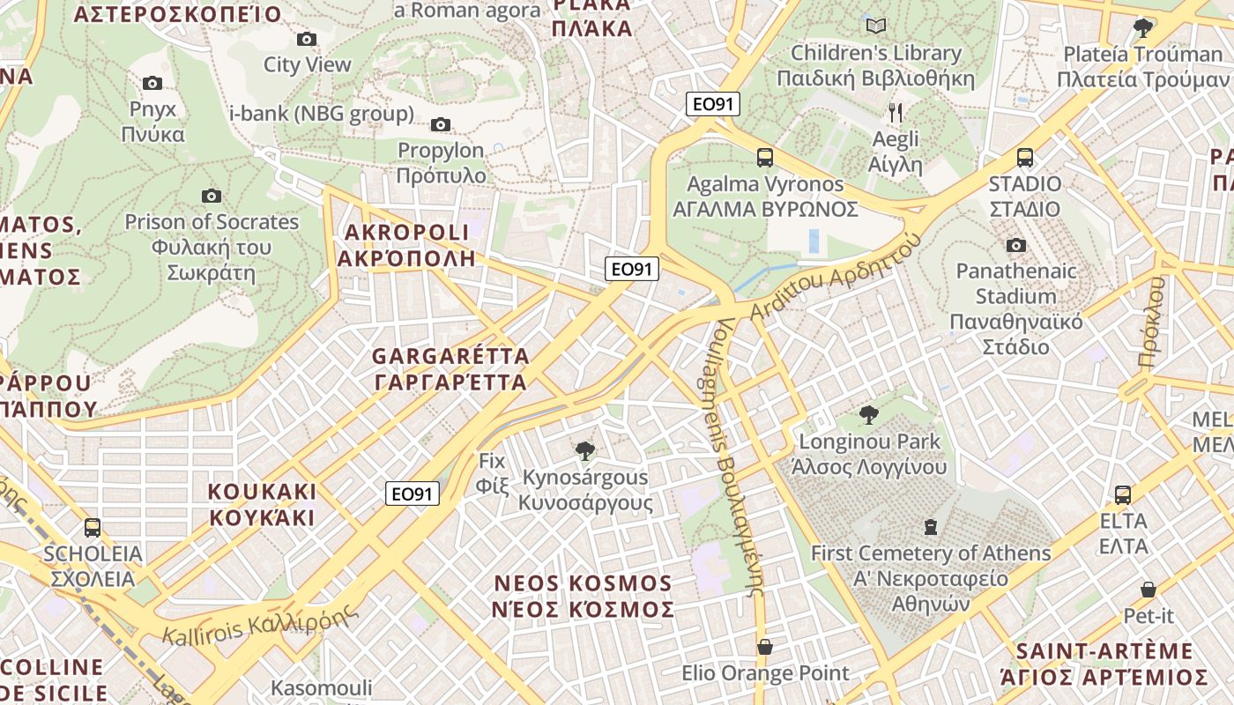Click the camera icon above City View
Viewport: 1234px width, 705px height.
(307, 39)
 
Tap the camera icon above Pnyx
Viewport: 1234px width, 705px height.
(152, 83)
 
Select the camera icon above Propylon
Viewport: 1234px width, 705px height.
(441, 124)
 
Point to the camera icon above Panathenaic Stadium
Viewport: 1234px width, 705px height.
(1016, 245)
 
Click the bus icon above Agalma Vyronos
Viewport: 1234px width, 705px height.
(765, 158)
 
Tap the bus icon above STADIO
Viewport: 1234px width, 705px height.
(1025, 158)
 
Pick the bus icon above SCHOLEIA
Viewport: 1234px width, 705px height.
(93, 527)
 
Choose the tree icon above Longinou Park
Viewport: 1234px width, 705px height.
(869, 414)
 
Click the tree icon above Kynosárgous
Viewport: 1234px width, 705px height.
(584, 451)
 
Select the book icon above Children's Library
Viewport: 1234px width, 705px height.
(875, 26)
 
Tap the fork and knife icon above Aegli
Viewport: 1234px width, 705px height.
(896, 112)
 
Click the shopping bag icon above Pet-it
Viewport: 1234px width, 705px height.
(1148, 589)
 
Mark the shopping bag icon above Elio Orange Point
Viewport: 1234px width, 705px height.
(765, 647)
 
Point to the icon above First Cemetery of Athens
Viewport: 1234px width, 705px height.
(930, 527)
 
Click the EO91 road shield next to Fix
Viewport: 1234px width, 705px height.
(413, 493)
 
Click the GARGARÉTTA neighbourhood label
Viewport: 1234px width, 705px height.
(450, 369)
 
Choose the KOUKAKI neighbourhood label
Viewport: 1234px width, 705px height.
(262, 504)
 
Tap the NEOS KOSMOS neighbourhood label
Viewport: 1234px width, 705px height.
(584, 596)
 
